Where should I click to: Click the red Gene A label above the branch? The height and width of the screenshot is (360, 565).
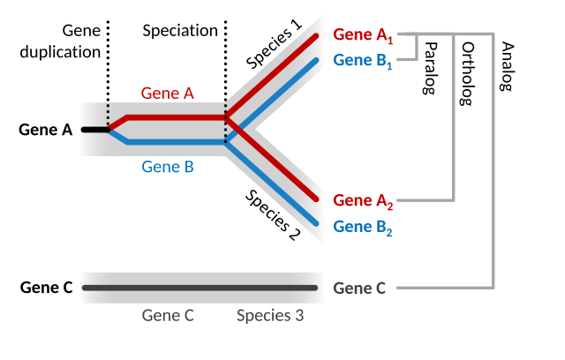point(167,93)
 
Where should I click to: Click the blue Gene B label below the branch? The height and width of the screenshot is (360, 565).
point(167,166)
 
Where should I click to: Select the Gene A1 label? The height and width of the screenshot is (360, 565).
point(363,36)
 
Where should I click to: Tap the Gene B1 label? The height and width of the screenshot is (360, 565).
point(363,61)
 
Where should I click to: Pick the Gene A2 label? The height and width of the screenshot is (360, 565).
point(363,202)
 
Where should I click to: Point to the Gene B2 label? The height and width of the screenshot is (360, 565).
point(363,228)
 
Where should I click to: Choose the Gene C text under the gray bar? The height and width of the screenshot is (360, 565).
point(168,315)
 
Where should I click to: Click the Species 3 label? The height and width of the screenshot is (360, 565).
point(270,315)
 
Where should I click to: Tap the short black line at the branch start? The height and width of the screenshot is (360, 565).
point(94,129)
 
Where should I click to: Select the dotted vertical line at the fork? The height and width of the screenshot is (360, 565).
point(225,124)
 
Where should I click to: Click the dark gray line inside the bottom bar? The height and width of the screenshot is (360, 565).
point(199,288)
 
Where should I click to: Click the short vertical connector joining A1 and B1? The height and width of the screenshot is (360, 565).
point(417,49)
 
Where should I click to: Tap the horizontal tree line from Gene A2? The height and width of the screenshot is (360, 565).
point(425,201)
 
